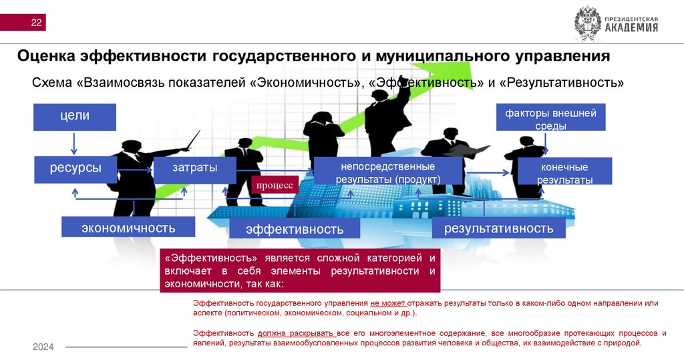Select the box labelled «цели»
pos(74,116)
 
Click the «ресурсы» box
pos(75,169)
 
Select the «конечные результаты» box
pos(564,172)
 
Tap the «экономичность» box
pos(128,227)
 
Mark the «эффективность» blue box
pos(294,228)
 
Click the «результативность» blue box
pos(498,227)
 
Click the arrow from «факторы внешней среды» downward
pos(546,144)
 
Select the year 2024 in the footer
pos(43,347)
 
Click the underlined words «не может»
pos(386,303)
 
